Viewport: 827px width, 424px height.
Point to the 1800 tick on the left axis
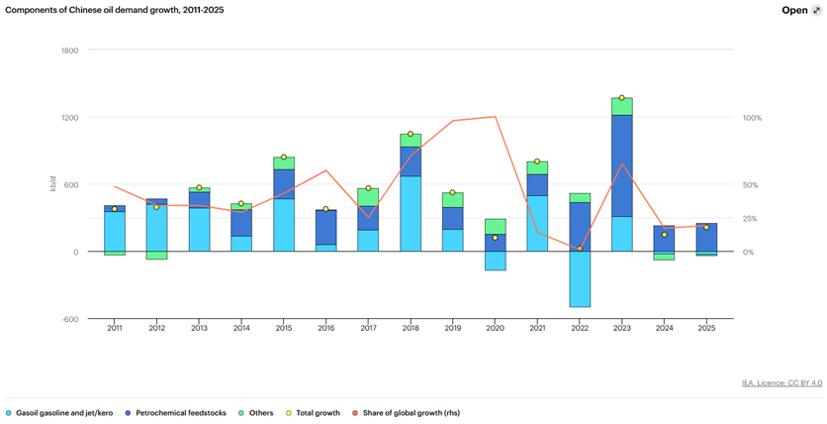[x=69, y=50]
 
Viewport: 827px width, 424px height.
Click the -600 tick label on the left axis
[x=69, y=319]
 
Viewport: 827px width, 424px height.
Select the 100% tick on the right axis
[x=752, y=117]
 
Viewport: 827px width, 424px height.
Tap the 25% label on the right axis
[x=751, y=218]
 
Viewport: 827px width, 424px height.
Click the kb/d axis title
[x=52, y=184]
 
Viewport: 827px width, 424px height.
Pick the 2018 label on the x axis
[x=411, y=328]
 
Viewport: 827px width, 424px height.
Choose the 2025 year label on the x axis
[x=706, y=328]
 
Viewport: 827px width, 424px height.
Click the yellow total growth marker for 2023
[x=622, y=98]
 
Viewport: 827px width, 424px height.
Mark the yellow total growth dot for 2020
[x=495, y=238]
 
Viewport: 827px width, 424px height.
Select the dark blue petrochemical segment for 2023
[x=622, y=165]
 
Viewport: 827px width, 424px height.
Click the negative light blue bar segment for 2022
[x=580, y=278]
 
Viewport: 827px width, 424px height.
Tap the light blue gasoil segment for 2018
[x=411, y=214]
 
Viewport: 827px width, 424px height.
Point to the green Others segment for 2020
[x=495, y=226]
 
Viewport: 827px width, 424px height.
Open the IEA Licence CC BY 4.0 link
[x=781, y=382]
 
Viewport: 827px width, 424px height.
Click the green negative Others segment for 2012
[x=156, y=256]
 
